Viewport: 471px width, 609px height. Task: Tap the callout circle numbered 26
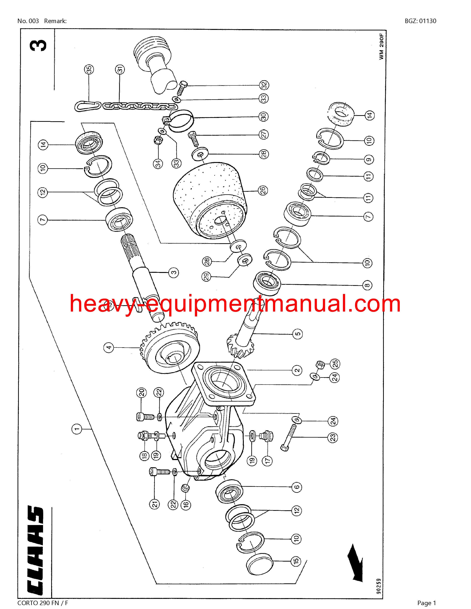[263, 190]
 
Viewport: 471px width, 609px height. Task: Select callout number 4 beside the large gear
[109, 347]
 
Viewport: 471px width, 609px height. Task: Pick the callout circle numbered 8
[368, 285]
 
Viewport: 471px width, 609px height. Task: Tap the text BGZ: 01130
[421, 21]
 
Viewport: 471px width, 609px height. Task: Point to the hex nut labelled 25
[320, 363]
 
